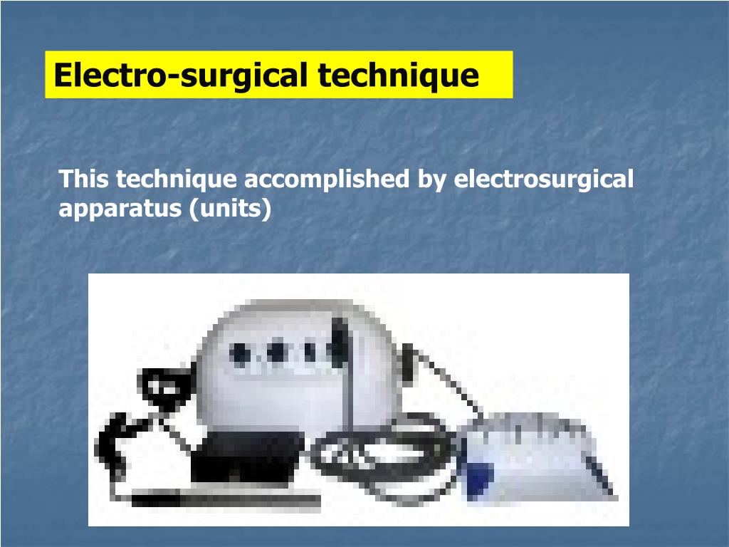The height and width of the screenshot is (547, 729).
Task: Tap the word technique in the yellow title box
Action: coord(398,75)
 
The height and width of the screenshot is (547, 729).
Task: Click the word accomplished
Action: coord(327,179)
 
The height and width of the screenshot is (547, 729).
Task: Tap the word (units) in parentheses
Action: coord(231,209)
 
